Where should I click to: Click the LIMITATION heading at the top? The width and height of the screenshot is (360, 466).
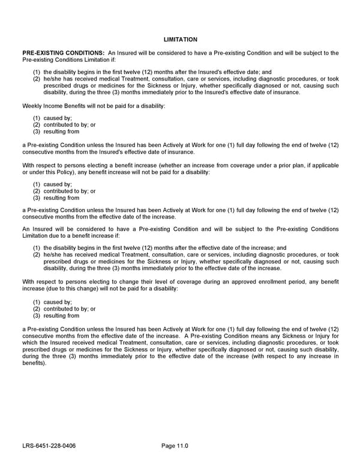pyautogui.click(x=180, y=40)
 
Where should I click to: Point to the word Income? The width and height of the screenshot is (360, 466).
pyautogui.click(x=53, y=106)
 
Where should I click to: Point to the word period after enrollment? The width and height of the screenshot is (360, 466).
pyautogui.click(x=283, y=282)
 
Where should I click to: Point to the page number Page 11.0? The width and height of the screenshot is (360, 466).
pyautogui.click(x=175, y=446)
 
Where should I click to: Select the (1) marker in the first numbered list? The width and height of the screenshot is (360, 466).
pyautogui.click(x=37, y=72)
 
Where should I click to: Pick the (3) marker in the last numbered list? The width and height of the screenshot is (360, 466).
pyautogui.click(x=37, y=315)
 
